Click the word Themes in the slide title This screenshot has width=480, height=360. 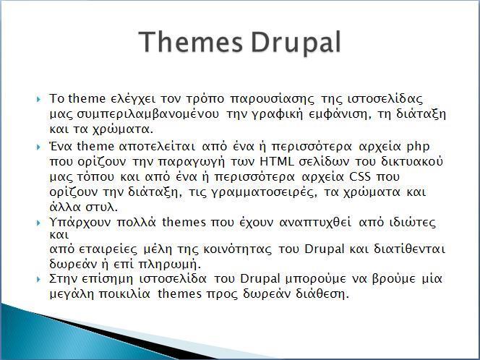190,42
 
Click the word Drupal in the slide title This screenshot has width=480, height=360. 296,43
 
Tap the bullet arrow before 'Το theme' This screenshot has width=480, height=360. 38,99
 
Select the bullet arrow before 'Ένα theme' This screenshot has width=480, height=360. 38,147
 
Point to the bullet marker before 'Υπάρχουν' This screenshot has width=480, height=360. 38,223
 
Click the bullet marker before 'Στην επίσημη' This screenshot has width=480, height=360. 38,279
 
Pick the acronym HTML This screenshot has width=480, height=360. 277,161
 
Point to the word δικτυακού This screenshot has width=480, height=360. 412,161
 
